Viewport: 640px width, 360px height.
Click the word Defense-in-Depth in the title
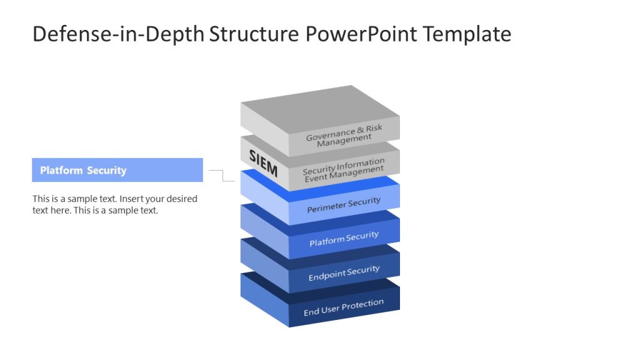(118, 34)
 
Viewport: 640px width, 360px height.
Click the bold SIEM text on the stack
(263, 163)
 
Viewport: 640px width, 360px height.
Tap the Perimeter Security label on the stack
(343, 205)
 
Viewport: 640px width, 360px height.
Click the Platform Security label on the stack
(344, 239)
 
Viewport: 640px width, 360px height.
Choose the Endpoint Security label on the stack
(344, 273)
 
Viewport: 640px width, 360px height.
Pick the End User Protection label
(343, 307)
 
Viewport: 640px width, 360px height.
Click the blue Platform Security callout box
(117, 170)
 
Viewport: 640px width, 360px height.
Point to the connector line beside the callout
(222, 176)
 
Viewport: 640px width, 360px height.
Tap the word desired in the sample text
(181, 199)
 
